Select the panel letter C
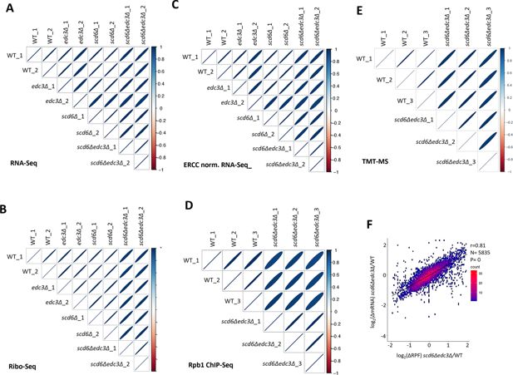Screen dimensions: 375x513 pos(176,8)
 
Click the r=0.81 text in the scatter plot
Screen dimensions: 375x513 pos(480,247)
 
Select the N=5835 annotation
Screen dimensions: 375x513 pos(481,255)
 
